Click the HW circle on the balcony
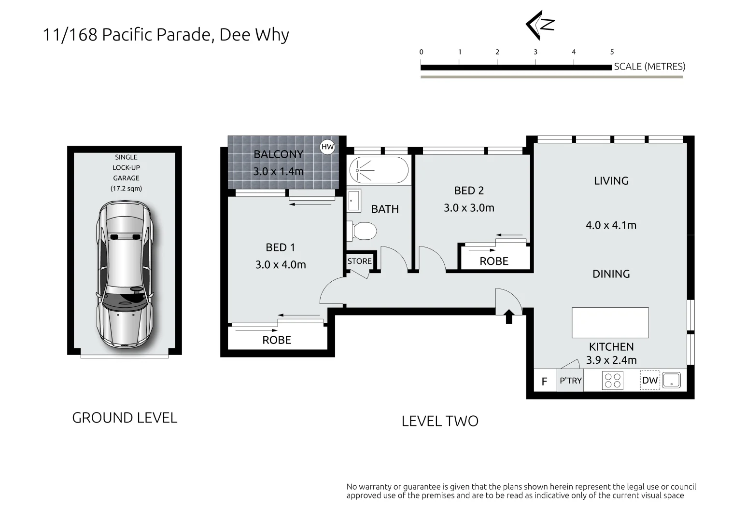point(327,147)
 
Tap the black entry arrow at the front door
point(508,316)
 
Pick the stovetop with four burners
point(613,380)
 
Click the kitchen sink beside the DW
point(671,380)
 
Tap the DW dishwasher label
point(650,380)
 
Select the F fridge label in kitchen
point(544,382)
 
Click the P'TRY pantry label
point(570,381)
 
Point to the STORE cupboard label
point(360,261)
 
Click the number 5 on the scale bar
point(612,52)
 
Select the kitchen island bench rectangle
point(610,323)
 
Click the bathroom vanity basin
point(353,201)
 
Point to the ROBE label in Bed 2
point(494,261)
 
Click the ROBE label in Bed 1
point(277,340)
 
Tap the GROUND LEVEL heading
point(125,418)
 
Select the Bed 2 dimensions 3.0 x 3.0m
point(469,208)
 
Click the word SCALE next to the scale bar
point(628,67)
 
